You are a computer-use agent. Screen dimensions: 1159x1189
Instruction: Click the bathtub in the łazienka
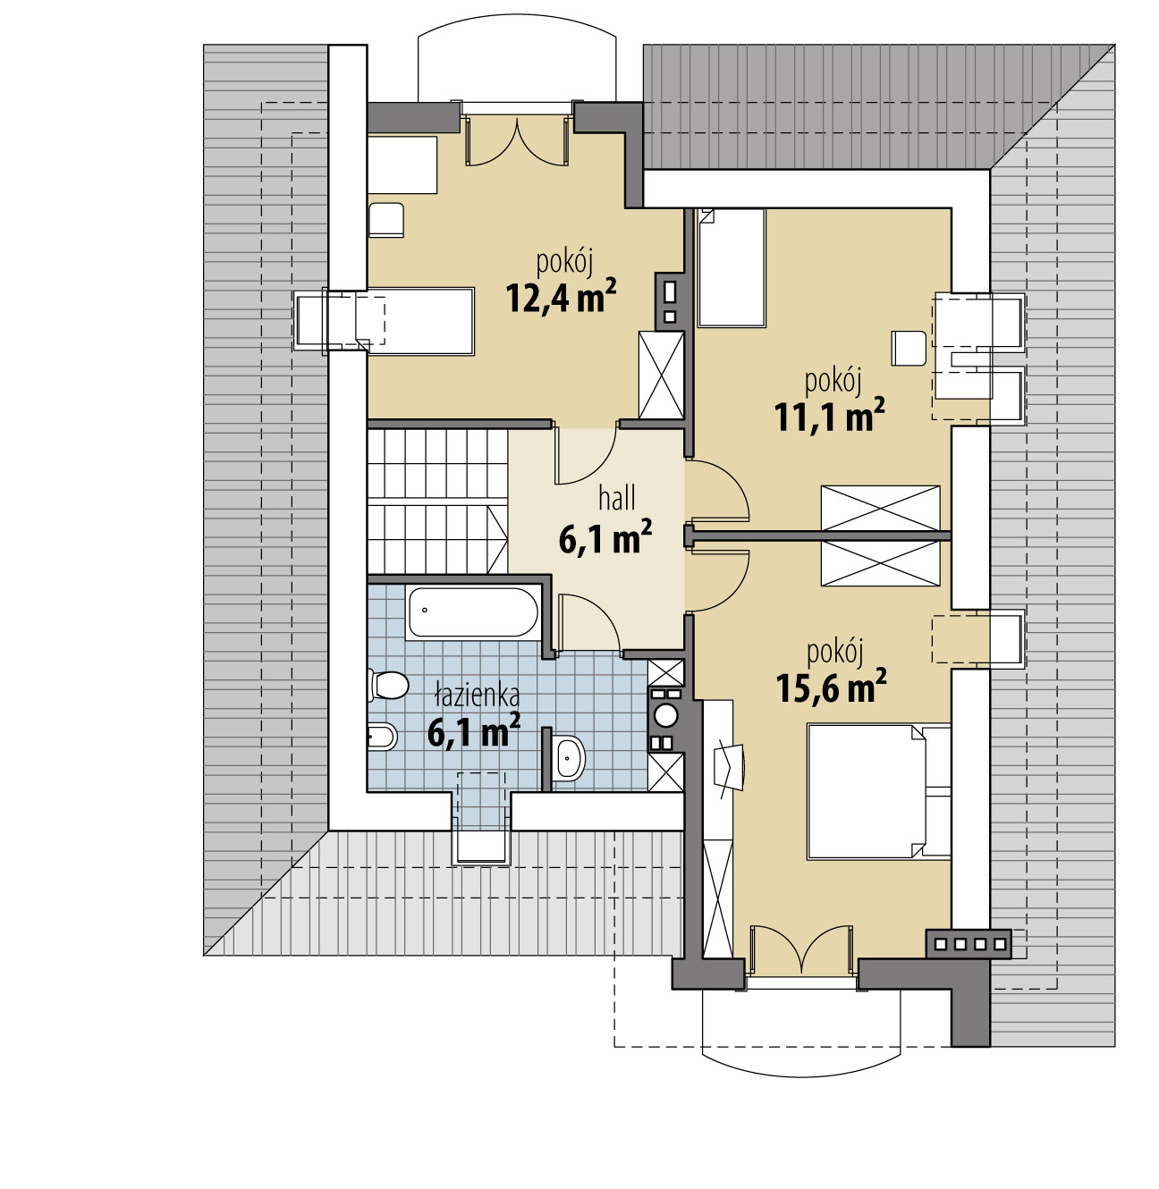472,612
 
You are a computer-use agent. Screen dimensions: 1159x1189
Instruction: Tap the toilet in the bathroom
388,685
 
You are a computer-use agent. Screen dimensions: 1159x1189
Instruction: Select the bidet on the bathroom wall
382,737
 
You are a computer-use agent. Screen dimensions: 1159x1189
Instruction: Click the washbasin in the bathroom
568,758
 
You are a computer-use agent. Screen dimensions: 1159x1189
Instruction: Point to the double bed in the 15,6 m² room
878,792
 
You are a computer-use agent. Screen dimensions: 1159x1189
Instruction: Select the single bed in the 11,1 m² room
732,267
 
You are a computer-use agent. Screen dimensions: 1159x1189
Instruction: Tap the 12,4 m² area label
561,297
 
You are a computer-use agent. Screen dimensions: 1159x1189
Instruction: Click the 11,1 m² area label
830,416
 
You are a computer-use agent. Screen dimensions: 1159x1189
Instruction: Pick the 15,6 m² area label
832,687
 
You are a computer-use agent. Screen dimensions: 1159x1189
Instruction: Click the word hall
617,499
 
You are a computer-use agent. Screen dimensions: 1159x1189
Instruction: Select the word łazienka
477,696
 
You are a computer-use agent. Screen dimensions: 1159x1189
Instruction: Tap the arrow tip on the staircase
507,539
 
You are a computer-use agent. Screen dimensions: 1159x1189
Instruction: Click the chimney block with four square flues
969,944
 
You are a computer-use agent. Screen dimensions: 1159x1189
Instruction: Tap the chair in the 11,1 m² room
909,349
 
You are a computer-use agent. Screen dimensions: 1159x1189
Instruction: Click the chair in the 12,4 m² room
386,219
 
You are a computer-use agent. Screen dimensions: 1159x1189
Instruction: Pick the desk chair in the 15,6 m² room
730,767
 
